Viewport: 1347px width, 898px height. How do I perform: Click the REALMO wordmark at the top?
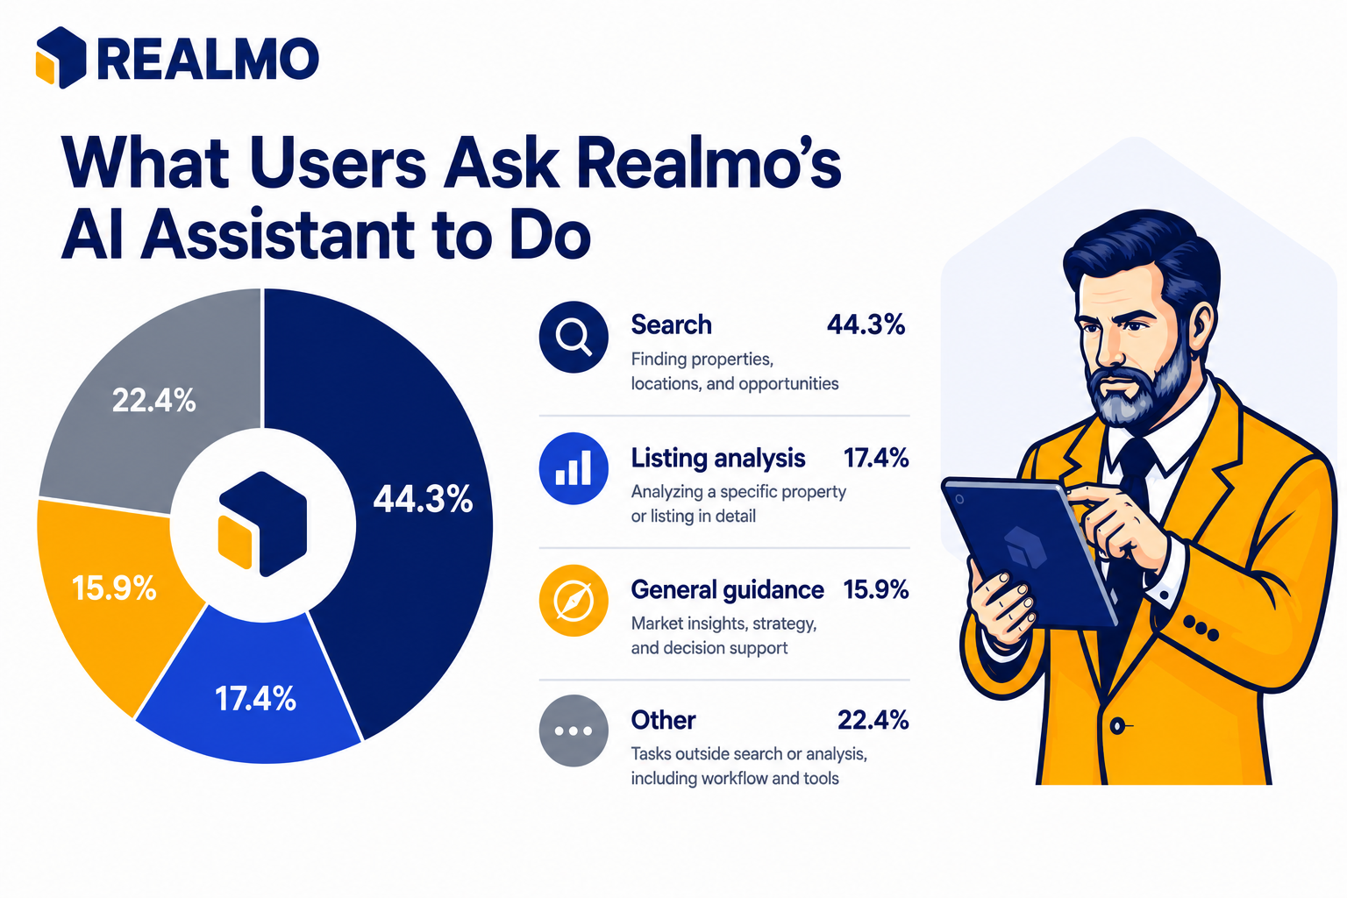208,59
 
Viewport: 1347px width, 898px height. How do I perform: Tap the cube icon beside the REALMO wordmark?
61,58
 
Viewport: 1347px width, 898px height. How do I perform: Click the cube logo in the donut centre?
263,524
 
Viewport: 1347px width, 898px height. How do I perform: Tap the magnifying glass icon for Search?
574,337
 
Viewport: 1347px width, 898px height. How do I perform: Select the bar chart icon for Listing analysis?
574,468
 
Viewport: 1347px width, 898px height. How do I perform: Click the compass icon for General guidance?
574,600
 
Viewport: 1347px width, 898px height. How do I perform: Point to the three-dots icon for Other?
574,731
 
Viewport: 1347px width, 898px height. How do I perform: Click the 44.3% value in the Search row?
866,324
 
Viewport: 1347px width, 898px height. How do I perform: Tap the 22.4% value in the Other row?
873,720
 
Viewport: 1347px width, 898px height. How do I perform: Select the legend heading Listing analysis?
718,459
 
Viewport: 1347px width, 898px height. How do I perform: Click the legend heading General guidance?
728,590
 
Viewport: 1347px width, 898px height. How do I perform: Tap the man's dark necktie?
1130,541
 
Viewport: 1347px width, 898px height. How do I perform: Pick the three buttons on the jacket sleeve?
1201,627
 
